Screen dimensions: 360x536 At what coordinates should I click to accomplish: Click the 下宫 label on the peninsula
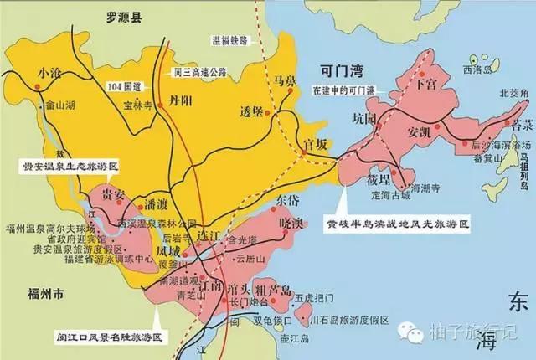pyautogui.click(x=427, y=85)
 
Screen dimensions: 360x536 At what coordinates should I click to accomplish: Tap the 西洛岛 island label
pyautogui.click(x=476, y=69)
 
